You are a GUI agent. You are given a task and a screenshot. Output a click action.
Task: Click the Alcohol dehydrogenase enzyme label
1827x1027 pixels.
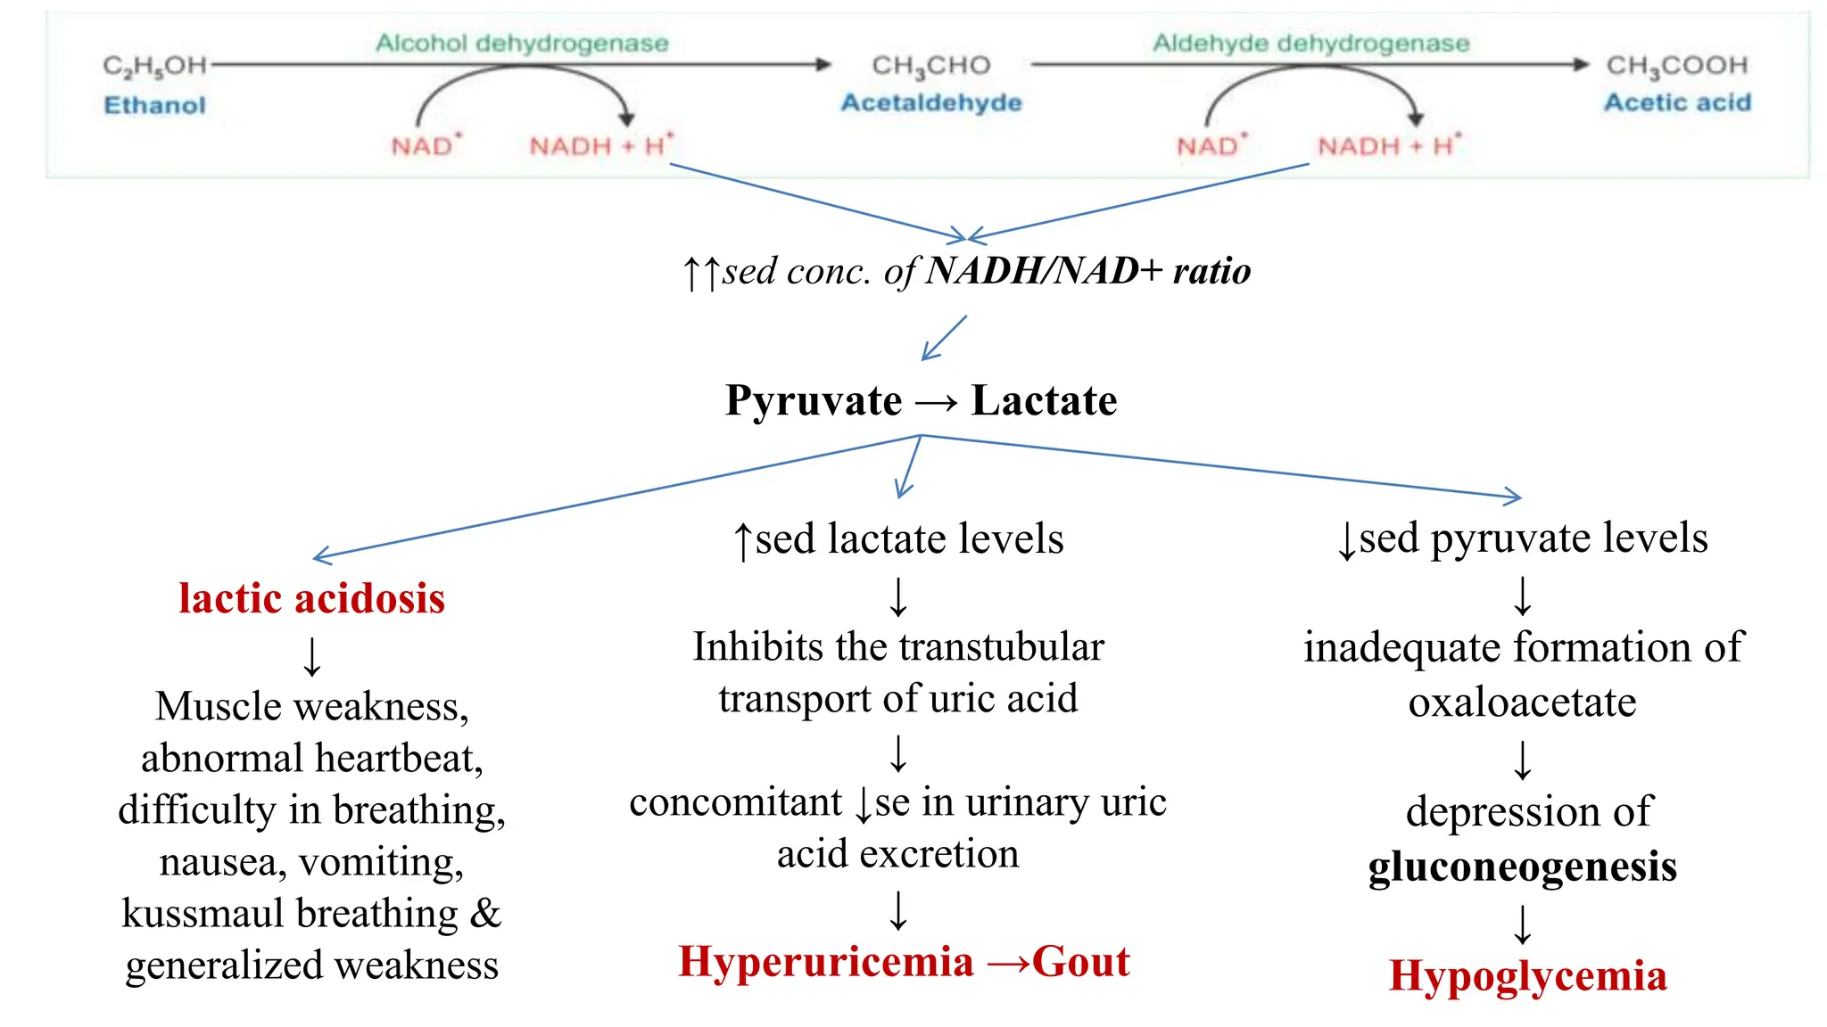[x=522, y=43]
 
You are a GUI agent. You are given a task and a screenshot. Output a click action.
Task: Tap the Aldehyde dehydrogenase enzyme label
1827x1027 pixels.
[x=1310, y=43]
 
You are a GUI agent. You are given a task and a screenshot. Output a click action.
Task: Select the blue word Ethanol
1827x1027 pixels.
[x=154, y=105]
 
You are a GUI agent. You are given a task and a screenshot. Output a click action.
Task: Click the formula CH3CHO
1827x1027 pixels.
[x=930, y=65]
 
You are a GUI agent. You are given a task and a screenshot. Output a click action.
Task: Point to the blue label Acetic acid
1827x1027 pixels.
[x=1677, y=103]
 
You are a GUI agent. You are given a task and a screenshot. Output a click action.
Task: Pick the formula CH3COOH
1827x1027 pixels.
[x=1676, y=65]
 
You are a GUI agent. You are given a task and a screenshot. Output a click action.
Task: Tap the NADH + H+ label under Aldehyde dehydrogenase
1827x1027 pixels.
[x=1389, y=145]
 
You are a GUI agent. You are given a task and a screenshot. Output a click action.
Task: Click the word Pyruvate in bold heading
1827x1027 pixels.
[x=813, y=400]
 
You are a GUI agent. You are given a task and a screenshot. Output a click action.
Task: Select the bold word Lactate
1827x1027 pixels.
[x=1044, y=400]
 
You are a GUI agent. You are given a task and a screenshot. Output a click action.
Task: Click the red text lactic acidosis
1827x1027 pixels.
[x=311, y=598]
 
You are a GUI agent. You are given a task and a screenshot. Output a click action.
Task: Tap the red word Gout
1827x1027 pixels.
[x=1080, y=962]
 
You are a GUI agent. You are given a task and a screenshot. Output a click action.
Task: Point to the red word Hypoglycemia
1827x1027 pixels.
[x=1527, y=975]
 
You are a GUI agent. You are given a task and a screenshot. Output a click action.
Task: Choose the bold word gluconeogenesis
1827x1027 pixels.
[x=1522, y=867]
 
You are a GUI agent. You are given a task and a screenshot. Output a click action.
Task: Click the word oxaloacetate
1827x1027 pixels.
[x=1522, y=702]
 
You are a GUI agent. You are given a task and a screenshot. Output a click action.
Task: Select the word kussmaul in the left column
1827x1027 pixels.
[x=203, y=914]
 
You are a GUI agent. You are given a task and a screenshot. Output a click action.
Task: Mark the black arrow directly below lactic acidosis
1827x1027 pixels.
[x=311, y=657]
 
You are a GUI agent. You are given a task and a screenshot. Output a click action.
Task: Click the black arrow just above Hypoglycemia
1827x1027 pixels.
[x=1523, y=924]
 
